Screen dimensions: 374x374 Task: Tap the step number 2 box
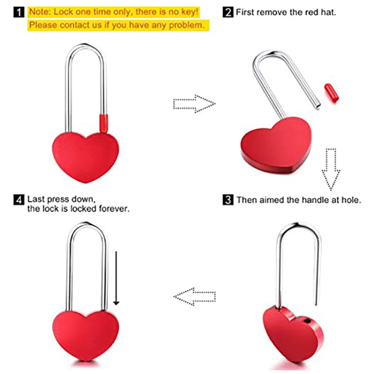[x=229, y=11]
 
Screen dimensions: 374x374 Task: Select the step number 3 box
[x=228, y=200]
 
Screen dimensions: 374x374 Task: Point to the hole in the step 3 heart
[x=306, y=321]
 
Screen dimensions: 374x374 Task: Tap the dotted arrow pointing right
[x=193, y=103]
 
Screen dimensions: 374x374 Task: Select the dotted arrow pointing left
[x=196, y=295]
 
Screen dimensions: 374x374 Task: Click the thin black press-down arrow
[x=116, y=278]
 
